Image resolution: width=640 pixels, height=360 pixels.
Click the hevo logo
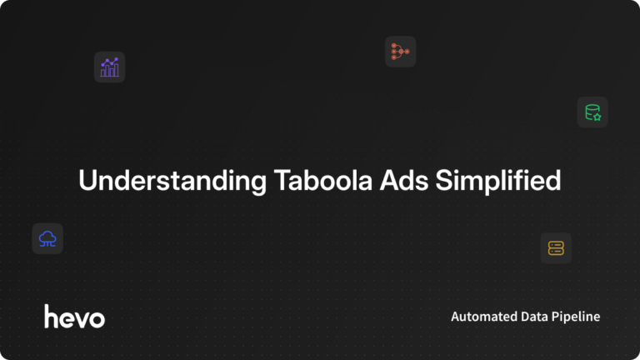74,316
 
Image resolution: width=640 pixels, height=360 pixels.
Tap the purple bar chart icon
109,67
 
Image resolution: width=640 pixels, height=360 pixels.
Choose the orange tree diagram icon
400,52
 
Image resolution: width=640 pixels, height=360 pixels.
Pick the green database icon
592,112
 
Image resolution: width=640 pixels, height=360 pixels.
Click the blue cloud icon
47,239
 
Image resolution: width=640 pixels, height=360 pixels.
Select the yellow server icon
556,247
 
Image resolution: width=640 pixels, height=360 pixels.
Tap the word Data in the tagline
536,317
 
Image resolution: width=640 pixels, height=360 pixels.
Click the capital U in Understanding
86,180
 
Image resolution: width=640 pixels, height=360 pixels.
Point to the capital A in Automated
455,317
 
